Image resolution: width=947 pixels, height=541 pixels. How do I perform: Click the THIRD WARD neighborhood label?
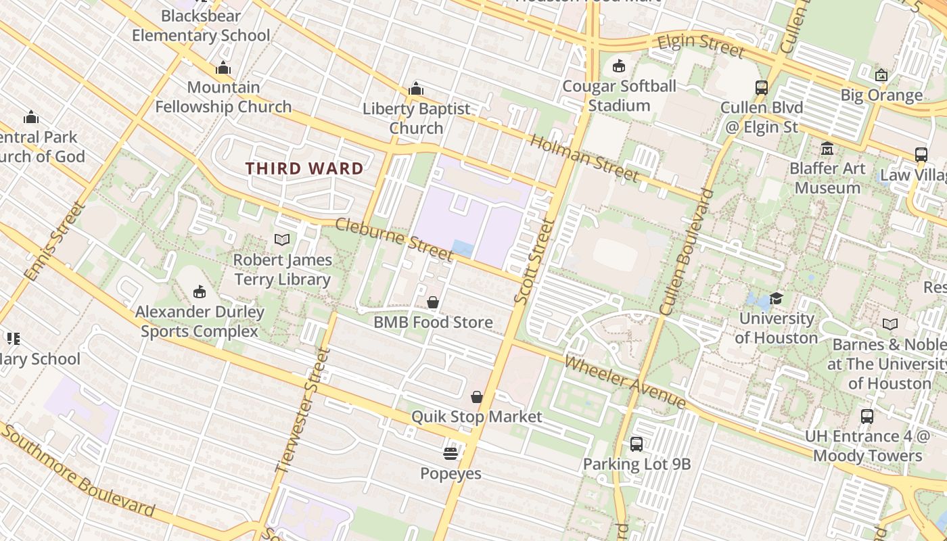(304, 168)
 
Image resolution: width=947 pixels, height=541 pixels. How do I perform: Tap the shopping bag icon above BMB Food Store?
(433, 302)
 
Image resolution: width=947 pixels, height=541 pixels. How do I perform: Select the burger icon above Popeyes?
(451, 453)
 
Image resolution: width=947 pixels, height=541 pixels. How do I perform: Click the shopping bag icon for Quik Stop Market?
(477, 396)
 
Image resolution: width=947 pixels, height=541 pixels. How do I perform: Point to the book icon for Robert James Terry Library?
(282, 239)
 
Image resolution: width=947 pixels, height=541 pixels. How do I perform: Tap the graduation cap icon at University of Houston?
(776, 298)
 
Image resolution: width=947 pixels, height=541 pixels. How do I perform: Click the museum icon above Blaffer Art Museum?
(827, 148)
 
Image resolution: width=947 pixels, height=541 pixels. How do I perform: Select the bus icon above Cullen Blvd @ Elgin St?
(762, 87)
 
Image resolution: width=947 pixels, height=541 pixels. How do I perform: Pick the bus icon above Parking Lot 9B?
(637, 444)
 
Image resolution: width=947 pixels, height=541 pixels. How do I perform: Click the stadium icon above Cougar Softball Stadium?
(618, 66)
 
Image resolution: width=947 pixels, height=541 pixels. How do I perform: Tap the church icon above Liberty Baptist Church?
(416, 89)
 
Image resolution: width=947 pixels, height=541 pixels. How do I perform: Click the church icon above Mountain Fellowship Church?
(223, 68)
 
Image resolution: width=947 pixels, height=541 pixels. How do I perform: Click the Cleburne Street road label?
(394, 239)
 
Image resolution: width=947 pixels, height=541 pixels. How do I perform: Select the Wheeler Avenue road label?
(625, 381)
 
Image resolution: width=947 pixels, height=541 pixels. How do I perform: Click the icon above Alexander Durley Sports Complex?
(200, 291)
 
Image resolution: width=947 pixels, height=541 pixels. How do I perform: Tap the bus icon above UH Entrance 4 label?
(867, 416)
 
